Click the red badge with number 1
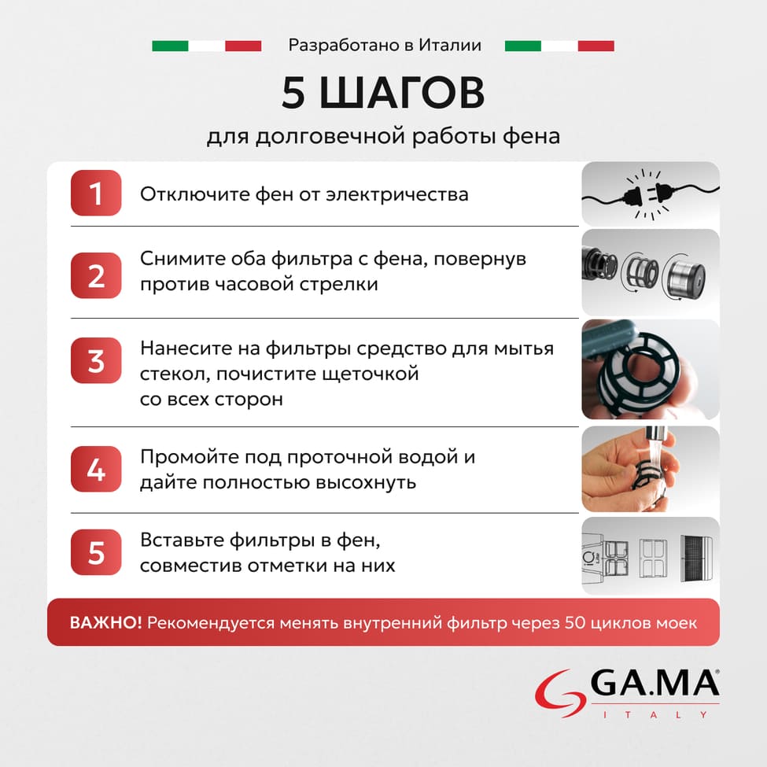coord(96,193)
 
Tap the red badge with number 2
coord(96,275)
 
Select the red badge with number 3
coord(96,360)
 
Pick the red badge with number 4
coord(96,469)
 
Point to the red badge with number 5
coord(96,552)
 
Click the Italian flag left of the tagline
coord(206,46)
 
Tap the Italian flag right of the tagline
coord(559,46)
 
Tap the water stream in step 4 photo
coord(654,456)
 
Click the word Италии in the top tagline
coord(452,46)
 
